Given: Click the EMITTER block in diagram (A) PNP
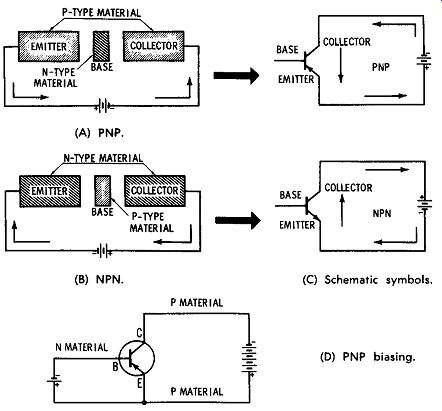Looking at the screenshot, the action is pos(49,46).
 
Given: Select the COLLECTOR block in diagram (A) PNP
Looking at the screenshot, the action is pos(154,46).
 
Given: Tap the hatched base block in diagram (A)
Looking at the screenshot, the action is pos(100,46).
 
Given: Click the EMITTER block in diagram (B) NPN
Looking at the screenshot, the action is pos(50,191).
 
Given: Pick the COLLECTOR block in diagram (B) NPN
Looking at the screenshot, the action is pos(155,191).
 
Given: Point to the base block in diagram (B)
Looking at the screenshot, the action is pos(102,191).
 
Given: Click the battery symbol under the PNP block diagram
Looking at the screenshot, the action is pos(105,106).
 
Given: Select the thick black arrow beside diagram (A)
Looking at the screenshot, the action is pos(236,75).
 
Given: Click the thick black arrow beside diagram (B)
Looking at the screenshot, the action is pos(238,220).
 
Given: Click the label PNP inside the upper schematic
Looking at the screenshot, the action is pos(381,67).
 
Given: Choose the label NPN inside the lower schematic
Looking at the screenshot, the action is pos(382,213).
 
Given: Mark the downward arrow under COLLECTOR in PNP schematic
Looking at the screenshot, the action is pos(340,66).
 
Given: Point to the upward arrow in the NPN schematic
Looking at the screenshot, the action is pos(342,211).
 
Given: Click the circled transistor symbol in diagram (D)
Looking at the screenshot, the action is pos(137,358).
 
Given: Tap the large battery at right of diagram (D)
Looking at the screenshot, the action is pos(249,359).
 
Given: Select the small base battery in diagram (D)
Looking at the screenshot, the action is pos(54,380).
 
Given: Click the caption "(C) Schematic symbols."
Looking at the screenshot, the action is pos(367,280).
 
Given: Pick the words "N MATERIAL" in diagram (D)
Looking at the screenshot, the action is pos(82,347).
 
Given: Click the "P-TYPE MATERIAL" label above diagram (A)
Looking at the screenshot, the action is pos(102,13).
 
